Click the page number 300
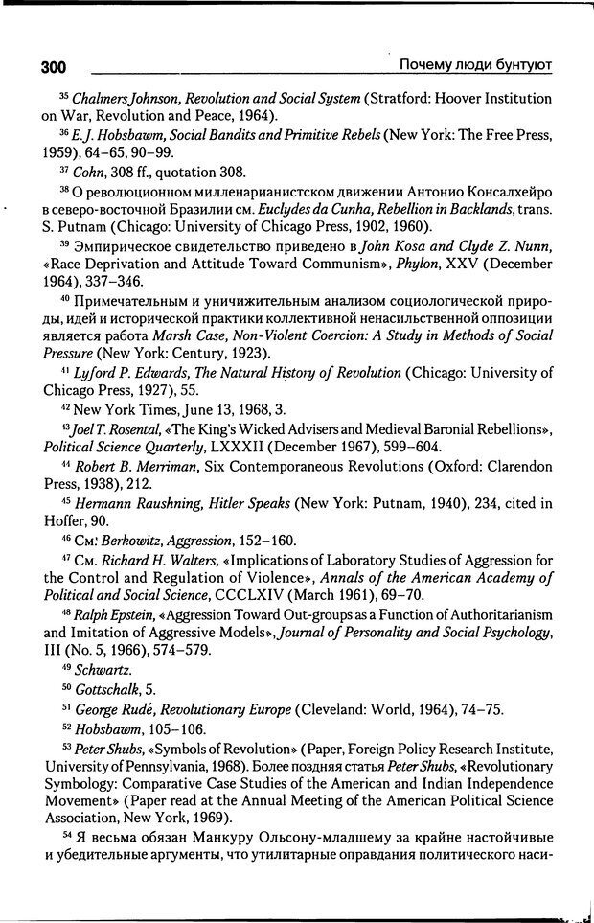tap(54, 67)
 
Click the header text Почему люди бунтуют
tap(474, 65)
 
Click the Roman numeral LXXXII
tap(263, 447)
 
